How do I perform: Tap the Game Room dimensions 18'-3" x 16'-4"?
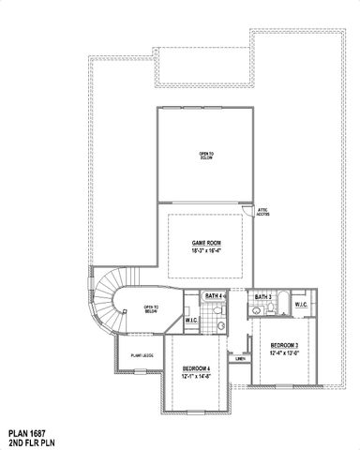[x=205, y=250]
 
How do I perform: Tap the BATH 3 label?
[x=262, y=297]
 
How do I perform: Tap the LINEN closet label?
[x=240, y=359]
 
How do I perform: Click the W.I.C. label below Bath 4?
[x=191, y=322]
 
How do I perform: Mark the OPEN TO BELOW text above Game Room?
[x=206, y=156]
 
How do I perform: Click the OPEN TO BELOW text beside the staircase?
[x=150, y=309]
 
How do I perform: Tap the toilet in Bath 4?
[x=222, y=322]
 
